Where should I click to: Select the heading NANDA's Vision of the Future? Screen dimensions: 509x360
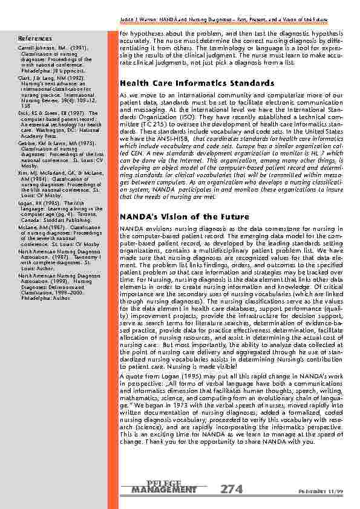pyautogui.click(x=184, y=216)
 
